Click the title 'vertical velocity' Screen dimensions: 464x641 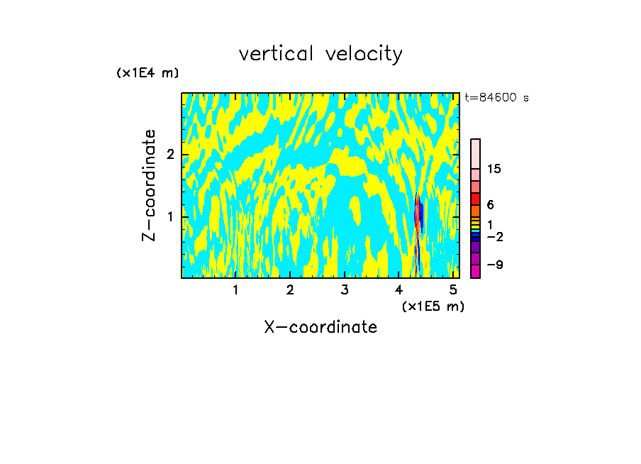tap(320, 54)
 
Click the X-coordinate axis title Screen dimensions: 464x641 tap(320, 327)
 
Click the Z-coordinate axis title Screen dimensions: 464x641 tap(149, 185)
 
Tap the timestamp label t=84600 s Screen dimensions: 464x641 tap(496, 98)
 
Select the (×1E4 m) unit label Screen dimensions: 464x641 tap(147, 72)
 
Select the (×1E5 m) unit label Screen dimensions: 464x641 tap(433, 306)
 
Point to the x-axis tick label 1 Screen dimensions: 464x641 tap(235, 289)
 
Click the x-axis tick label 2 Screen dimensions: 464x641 tap(290, 289)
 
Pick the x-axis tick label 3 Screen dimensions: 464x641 tap(345, 289)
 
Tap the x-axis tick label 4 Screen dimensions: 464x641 tap(399, 289)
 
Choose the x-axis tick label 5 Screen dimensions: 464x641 tap(454, 289)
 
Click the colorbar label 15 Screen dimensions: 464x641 tap(494, 169)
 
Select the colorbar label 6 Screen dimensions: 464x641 tap(490, 205)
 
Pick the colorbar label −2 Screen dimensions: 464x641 tap(494, 236)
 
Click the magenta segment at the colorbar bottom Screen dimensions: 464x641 tap(475, 271)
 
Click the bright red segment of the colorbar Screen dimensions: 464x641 tap(475, 199)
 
